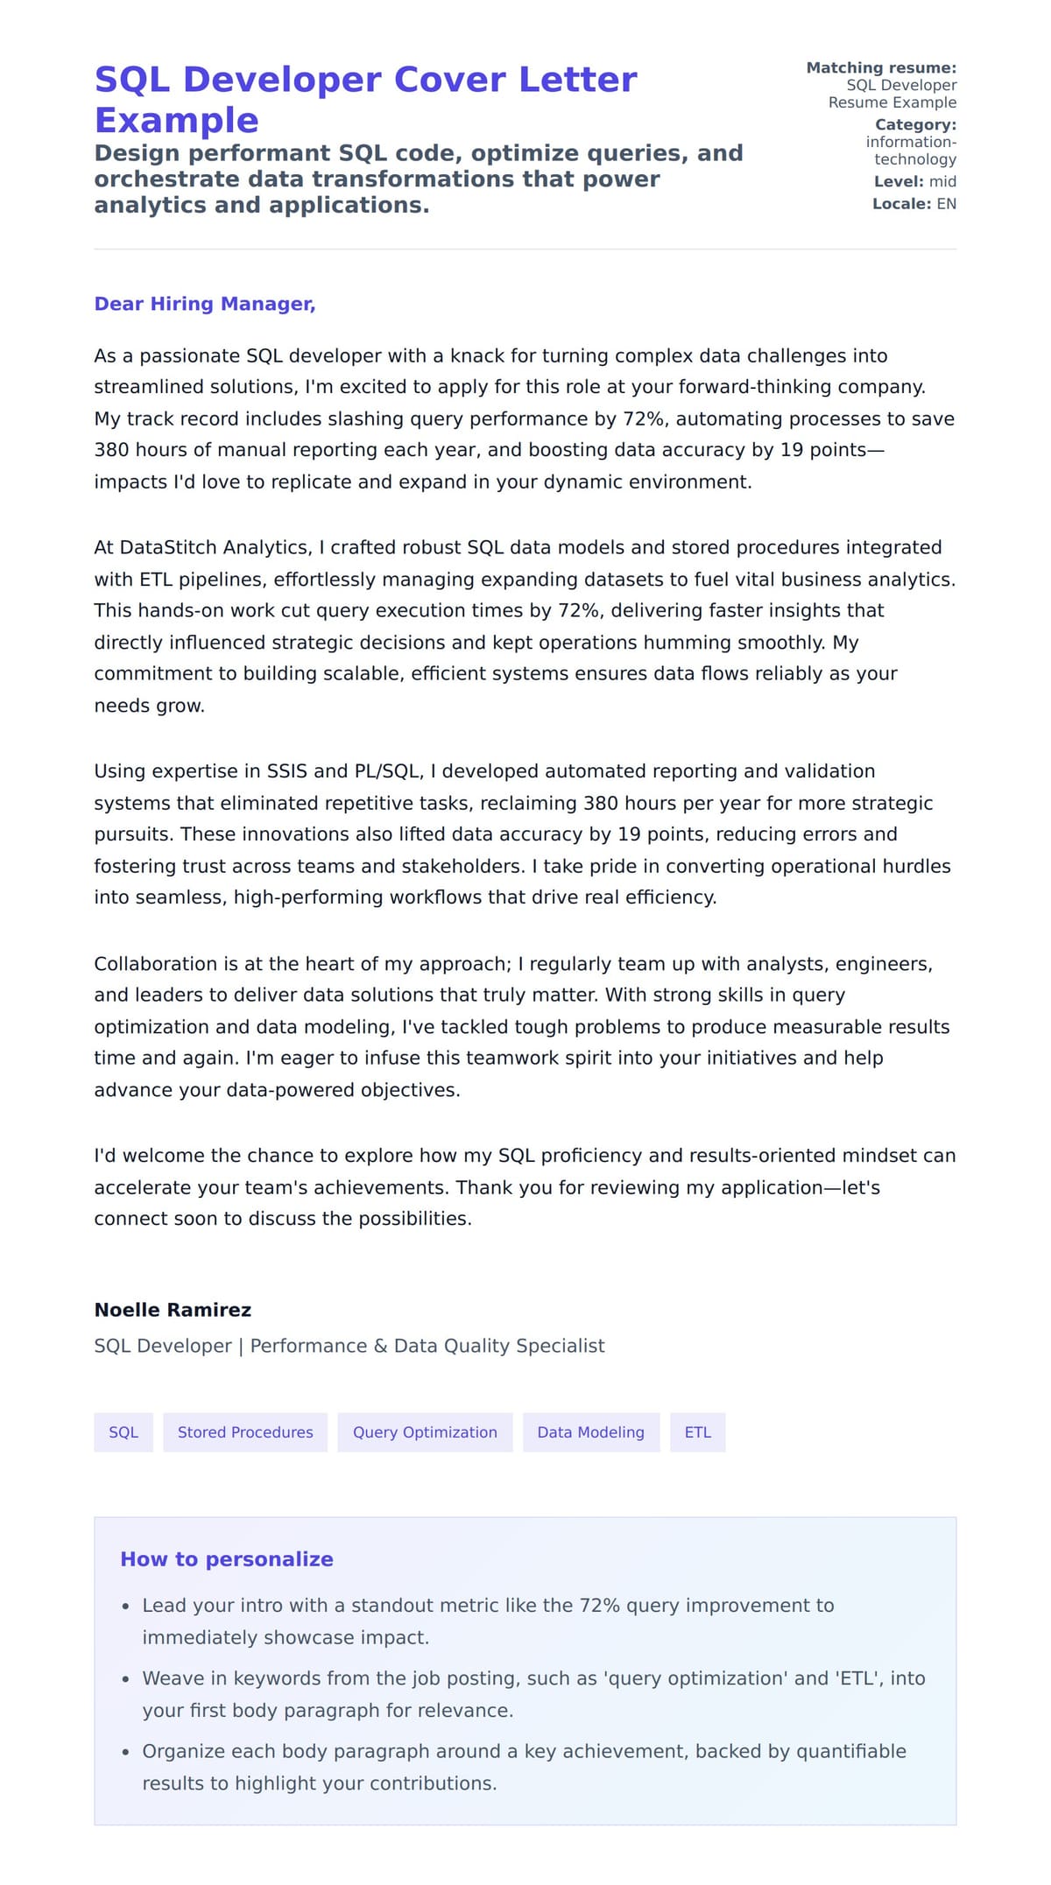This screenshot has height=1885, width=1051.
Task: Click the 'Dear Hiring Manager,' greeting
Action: tap(204, 304)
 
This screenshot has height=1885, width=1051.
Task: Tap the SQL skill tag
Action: tap(123, 1432)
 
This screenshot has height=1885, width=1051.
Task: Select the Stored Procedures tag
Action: tap(245, 1432)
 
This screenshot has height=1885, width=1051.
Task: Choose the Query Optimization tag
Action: tap(425, 1432)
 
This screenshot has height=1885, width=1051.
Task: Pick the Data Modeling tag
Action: tap(590, 1432)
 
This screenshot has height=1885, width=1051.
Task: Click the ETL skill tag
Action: tap(697, 1432)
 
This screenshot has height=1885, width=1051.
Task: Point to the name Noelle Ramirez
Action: tap(173, 1310)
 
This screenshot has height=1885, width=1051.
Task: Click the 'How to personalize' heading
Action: tap(227, 1559)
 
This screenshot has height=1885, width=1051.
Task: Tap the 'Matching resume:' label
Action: tap(881, 67)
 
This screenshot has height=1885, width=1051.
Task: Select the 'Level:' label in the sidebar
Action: tap(899, 181)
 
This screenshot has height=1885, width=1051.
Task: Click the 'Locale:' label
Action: tap(901, 204)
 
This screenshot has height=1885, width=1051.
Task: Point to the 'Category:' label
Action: tap(915, 124)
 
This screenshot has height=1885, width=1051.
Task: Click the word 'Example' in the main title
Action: tap(176, 120)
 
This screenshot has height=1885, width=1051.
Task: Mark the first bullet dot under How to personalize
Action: tap(126, 1607)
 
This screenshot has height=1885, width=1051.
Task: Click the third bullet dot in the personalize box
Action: tap(126, 1753)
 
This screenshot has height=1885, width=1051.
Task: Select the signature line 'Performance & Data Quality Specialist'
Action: tap(427, 1346)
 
